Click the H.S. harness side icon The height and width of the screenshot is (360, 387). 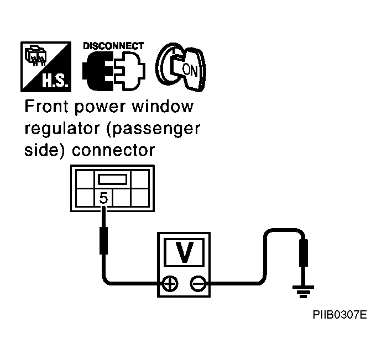click(46, 67)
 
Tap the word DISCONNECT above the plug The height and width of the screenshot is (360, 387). click(113, 46)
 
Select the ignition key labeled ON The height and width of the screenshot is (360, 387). click(181, 67)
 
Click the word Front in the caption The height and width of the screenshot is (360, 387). click(46, 107)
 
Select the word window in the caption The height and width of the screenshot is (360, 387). click(163, 107)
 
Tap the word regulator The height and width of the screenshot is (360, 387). click(62, 129)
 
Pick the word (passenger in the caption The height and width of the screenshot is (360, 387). click(153, 129)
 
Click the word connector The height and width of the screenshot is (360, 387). click(113, 150)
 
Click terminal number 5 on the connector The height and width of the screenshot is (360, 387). click(104, 198)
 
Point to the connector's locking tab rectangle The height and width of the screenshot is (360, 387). click(113, 179)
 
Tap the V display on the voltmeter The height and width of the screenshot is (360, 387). click(184, 252)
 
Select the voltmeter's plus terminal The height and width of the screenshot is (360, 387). click(170, 284)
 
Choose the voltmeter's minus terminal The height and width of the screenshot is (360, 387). click(198, 284)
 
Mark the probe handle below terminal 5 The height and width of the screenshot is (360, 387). click(104, 241)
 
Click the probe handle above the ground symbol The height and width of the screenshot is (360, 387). click(304, 253)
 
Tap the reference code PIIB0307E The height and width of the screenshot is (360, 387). click(339, 315)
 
